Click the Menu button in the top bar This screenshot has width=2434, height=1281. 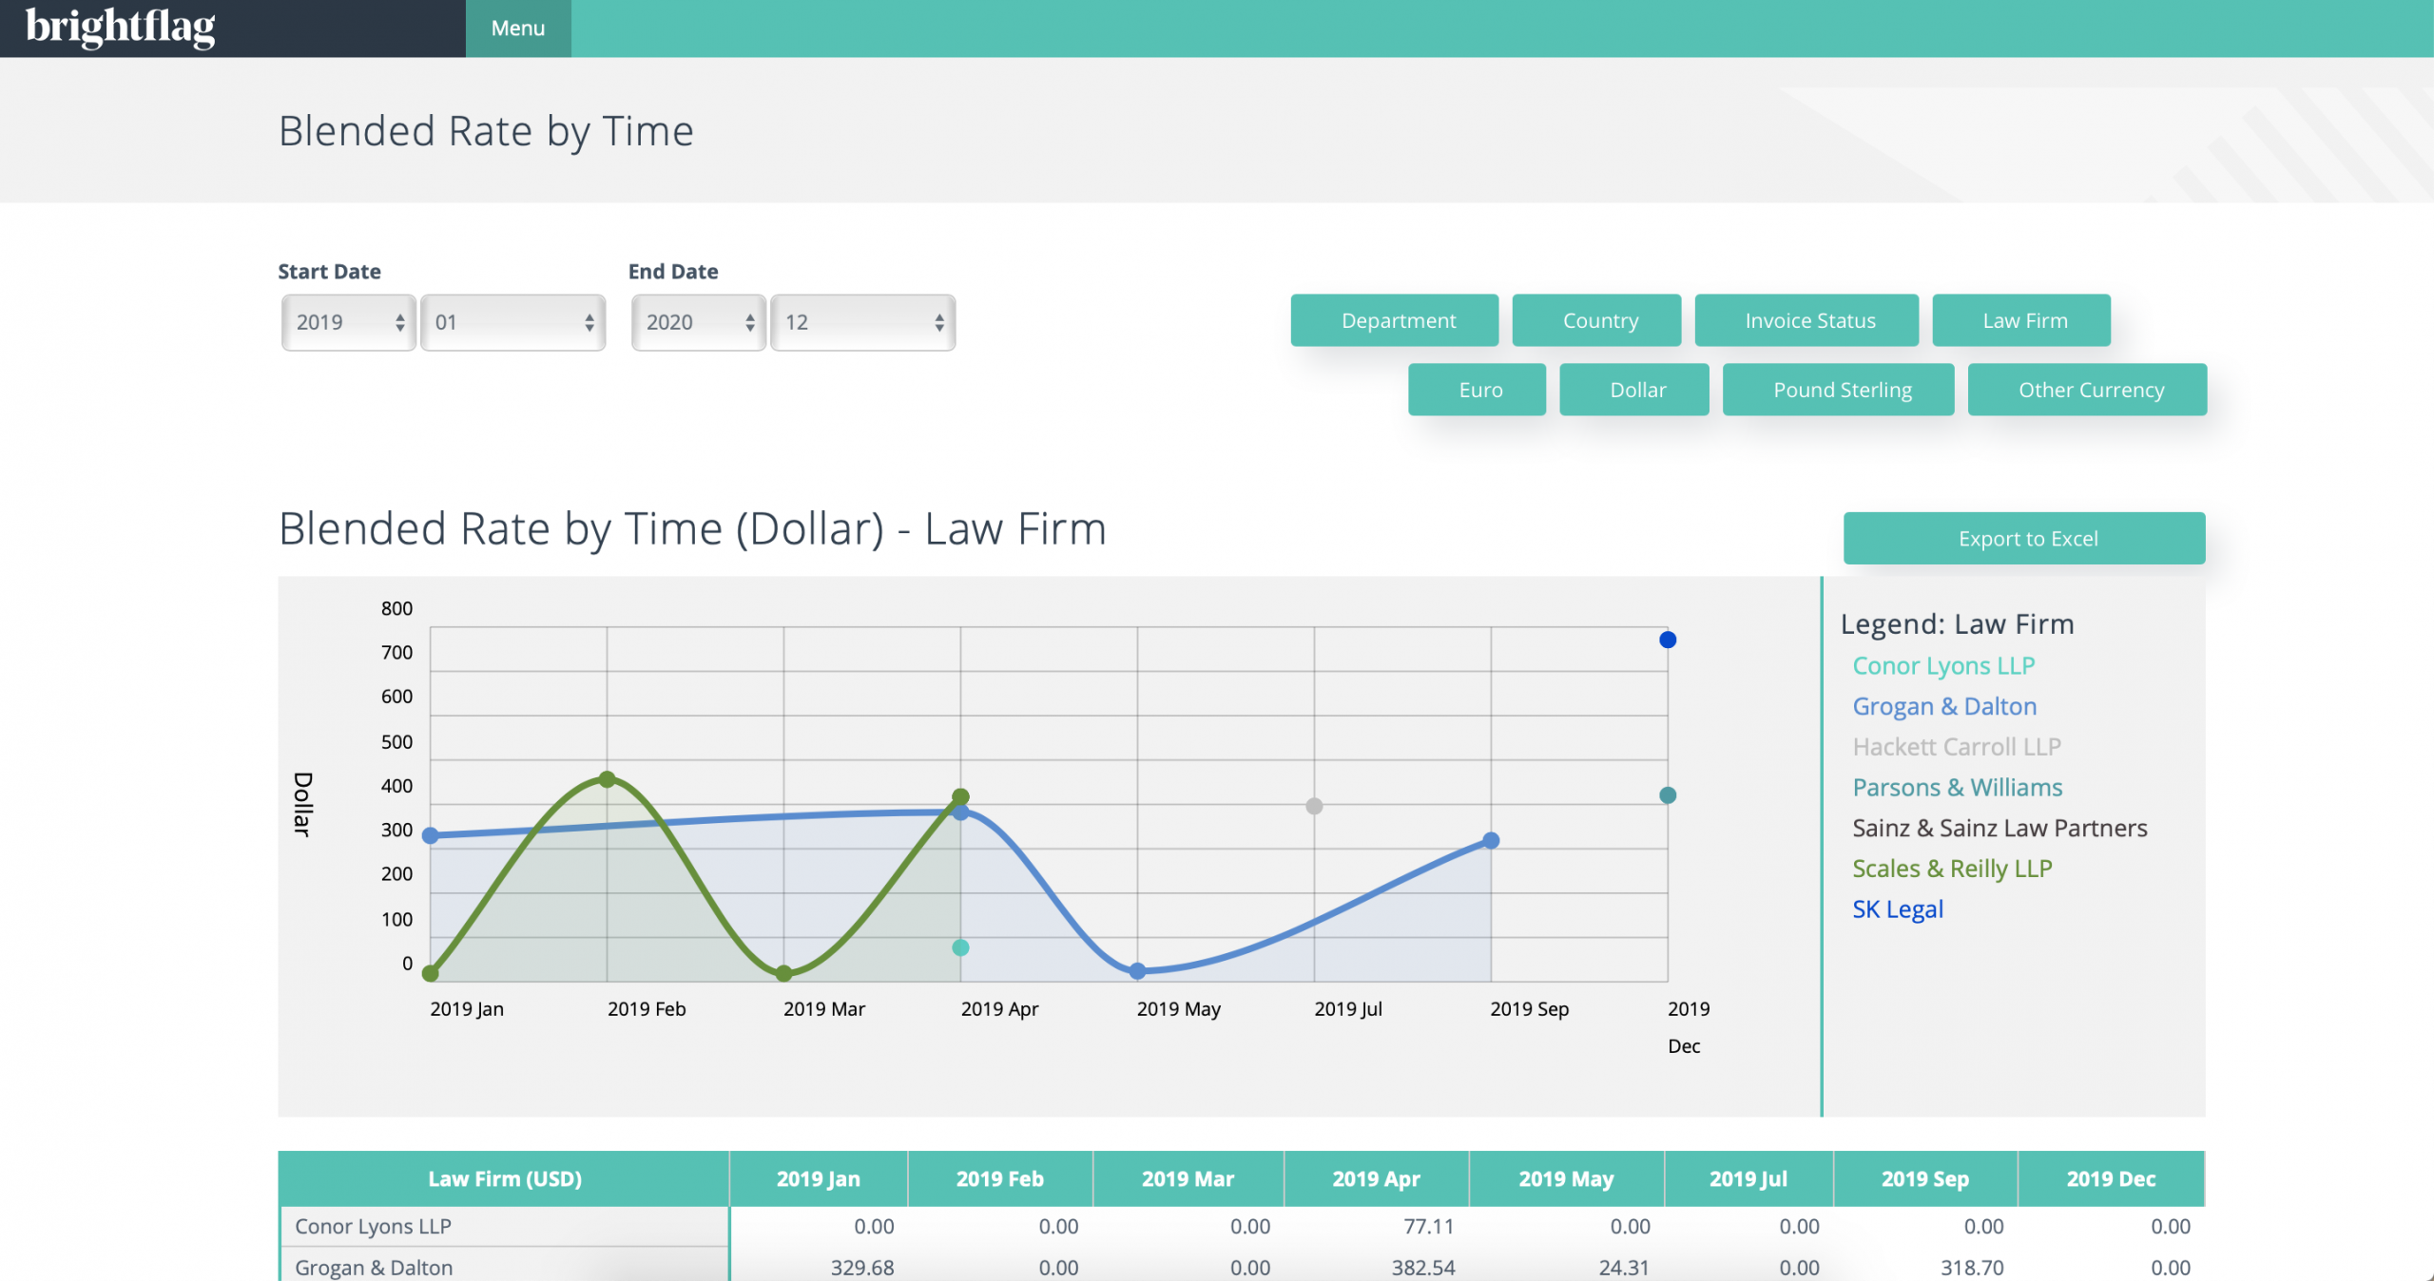pyautogui.click(x=518, y=29)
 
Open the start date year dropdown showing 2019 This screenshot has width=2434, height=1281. pyautogui.click(x=349, y=323)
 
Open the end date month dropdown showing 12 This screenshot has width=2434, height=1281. pyautogui.click(x=862, y=323)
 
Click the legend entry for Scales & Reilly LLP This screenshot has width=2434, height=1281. pyautogui.click(x=1952, y=869)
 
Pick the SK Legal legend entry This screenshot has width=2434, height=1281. pyautogui.click(x=1897, y=909)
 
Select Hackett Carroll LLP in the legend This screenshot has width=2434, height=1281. pyautogui.click(x=1956, y=747)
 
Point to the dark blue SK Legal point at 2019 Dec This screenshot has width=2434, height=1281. pyautogui.click(x=1668, y=640)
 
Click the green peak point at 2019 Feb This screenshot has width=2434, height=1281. pyautogui.click(x=608, y=779)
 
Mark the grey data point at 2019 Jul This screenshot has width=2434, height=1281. pyautogui.click(x=1314, y=806)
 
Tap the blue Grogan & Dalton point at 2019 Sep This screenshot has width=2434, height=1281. pyautogui.click(x=1491, y=840)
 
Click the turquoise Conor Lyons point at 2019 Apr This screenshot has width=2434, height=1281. pyautogui.click(x=960, y=947)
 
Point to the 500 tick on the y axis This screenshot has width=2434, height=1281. pyautogui.click(x=396, y=742)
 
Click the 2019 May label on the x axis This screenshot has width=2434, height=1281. pyautogui.click(x=1178, y=1009)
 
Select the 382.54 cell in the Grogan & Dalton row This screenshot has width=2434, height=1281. pyautogui.click(x=1422, y=1268)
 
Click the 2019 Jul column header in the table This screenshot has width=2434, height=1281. pyautogui.click(x=1748, y=1179)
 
